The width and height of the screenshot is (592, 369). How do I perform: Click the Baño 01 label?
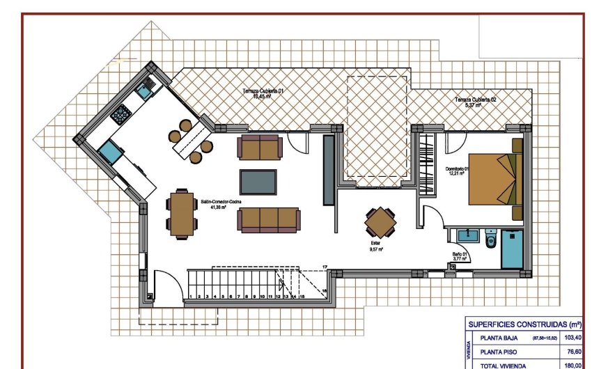tap(459, 256)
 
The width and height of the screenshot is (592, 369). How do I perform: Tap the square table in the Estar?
tap(381, 223)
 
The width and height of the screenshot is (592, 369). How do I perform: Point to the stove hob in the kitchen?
tap(123, 112)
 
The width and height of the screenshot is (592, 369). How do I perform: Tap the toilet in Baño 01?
tap(490, 241)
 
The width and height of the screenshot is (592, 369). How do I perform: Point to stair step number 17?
tap(325, 267)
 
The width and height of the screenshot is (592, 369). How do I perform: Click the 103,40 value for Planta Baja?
tap(572, 338)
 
